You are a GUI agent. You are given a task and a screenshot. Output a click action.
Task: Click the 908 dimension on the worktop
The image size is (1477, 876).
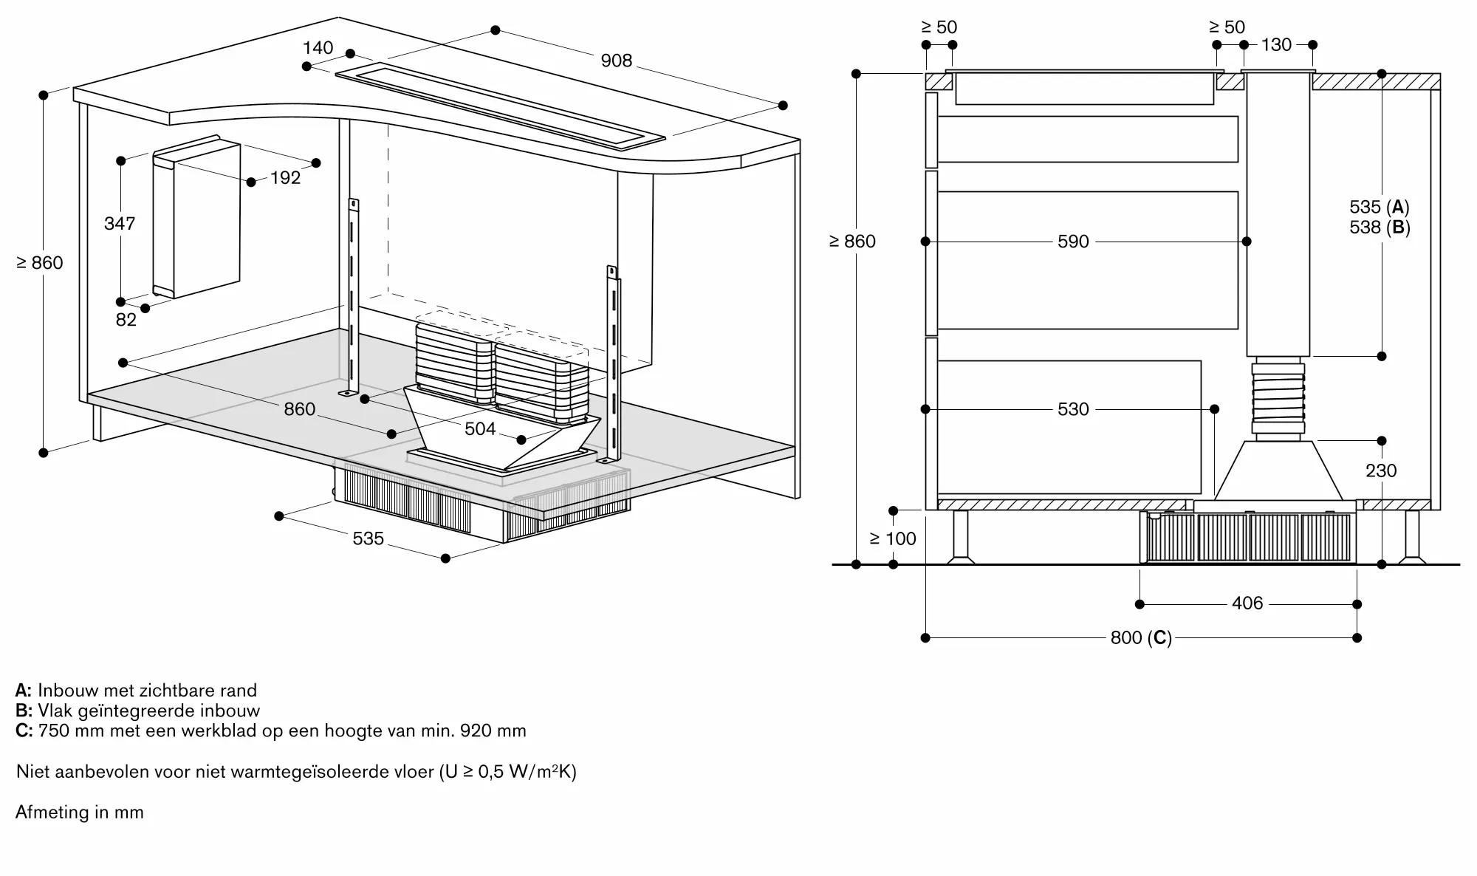click(616, 61)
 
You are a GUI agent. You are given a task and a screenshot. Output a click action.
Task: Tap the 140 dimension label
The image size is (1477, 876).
click(318, 48)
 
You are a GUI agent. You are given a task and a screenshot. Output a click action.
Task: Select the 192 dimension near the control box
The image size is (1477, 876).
click(285, 178)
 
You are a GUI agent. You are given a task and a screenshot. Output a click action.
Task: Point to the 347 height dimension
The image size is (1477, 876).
click(120, 224)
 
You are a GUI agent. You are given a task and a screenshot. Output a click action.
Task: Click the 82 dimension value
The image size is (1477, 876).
click(126, 319)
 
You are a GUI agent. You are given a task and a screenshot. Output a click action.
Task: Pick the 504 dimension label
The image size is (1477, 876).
click(480, 429)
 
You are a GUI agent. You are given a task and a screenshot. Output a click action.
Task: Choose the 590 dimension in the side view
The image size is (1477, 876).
click(1073, 242)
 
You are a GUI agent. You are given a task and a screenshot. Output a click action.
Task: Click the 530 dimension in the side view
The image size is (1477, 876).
click(1073, 409)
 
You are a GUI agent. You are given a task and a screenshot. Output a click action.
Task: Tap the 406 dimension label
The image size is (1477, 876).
click(1247, 603)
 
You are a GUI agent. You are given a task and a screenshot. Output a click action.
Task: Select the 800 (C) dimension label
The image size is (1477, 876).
click(1141, 637)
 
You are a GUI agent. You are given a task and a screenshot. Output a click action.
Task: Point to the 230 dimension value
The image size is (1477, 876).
click(1381, 470)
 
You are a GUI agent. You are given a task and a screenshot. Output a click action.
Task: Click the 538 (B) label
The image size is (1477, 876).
click(1380, 227)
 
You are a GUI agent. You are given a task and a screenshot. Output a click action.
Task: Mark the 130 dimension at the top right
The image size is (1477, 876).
click(1276, 45)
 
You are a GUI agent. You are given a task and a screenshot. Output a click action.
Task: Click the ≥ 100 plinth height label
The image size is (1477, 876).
click(892, 538)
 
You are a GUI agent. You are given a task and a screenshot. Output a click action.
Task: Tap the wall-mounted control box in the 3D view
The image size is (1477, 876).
click(196, 216)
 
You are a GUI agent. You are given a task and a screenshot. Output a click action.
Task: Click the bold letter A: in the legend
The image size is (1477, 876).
click(24, 691)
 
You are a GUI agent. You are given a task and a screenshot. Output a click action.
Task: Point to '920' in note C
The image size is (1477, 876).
click(474, 731)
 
